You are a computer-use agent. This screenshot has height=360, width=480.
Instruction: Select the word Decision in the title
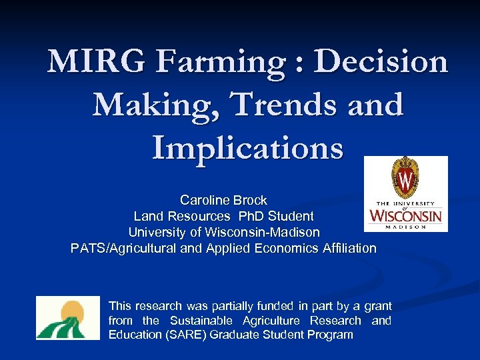tap(381, 62)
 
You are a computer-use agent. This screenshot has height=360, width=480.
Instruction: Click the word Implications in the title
tap(247, 147)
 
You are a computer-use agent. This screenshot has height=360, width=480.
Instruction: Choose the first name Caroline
tap(204, 200)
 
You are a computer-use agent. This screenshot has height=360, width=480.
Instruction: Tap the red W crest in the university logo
tap(406, 177)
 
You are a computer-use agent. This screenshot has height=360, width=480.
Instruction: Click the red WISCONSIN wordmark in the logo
tap(406, 217)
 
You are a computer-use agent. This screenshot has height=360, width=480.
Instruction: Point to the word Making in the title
tap(139, 105)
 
